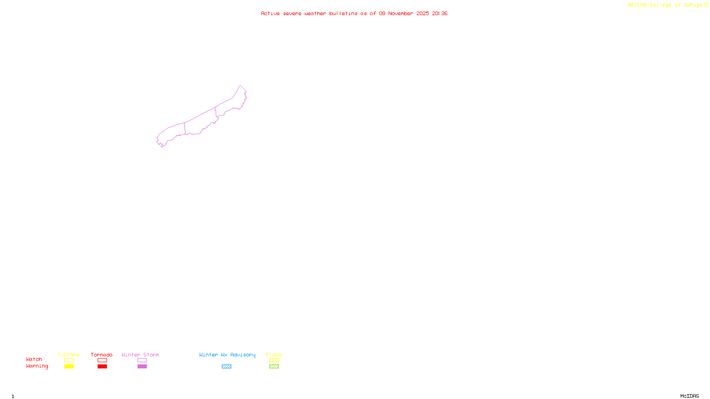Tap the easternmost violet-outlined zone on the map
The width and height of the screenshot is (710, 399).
[x=231, y=105]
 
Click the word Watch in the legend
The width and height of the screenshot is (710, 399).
[x=34, y=360]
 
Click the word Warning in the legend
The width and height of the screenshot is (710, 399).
[x=37, y=366]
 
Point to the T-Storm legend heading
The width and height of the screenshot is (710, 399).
[x=68, y=355]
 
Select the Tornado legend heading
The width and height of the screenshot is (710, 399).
[x=102, y=355]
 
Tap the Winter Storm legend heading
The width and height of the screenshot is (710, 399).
[x=140, y=355]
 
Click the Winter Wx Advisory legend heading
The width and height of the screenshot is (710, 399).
[x=227, y=355]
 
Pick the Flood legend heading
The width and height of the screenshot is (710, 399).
[x=274, y=355]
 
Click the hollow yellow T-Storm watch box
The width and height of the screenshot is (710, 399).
[x=69, y=360]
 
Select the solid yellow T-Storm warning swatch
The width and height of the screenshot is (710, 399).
[x=69, y=367]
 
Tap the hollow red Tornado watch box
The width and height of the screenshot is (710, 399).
[x=102, y=360]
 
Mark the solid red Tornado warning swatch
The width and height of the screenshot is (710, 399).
[x=102, y=367]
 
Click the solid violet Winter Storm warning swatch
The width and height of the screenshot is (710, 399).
[x=142, y=367]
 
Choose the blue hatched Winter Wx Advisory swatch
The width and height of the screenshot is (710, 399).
[x=226, y=367]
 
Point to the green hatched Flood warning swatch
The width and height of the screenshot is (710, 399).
[x=274, y=367]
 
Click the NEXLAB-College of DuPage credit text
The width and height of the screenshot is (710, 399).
[x=665, y=5]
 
